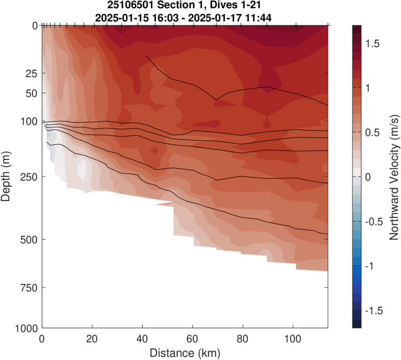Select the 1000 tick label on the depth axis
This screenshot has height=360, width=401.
[26, 328]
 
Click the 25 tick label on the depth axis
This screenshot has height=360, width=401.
[31, 74]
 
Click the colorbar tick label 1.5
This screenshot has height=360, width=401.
[373, 44]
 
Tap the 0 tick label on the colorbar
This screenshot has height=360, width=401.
[368, 177]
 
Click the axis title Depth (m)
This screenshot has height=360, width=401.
[7, 176]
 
